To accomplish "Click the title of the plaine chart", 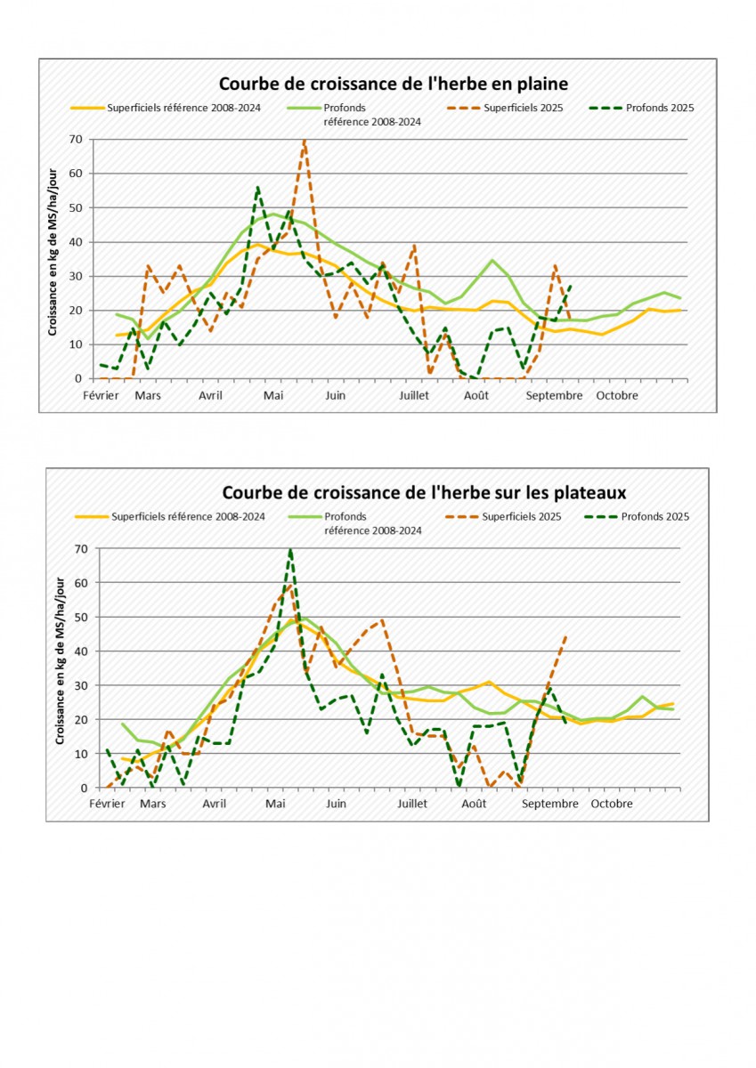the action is [394, 84].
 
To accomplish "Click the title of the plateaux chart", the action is [424, 492].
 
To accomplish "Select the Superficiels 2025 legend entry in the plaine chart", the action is [505, 108].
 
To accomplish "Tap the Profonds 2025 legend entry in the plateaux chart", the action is [637, 516].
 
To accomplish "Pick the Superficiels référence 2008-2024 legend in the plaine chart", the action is [166, 108].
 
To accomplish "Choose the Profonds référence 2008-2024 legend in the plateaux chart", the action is [355, 523].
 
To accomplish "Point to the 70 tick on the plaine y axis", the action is [77, 139].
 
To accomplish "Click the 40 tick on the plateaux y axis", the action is [83, 651].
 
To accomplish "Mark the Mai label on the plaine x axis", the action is [273, 395].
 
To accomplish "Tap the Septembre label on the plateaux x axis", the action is [550, 804].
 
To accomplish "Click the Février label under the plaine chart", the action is [101, 395].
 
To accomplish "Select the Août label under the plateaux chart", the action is [474, 804].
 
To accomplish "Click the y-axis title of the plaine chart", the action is [52, 252].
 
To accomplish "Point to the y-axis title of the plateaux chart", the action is [60, 660].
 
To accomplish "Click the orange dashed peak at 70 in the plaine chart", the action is [305, 141].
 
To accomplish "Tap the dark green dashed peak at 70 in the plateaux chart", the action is [290, 549].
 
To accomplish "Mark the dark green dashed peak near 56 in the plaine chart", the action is [257, 188].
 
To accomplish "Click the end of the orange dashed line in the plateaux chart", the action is [565, 636].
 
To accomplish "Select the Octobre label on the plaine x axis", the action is [617, 395].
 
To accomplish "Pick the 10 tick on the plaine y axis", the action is [77, 344].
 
